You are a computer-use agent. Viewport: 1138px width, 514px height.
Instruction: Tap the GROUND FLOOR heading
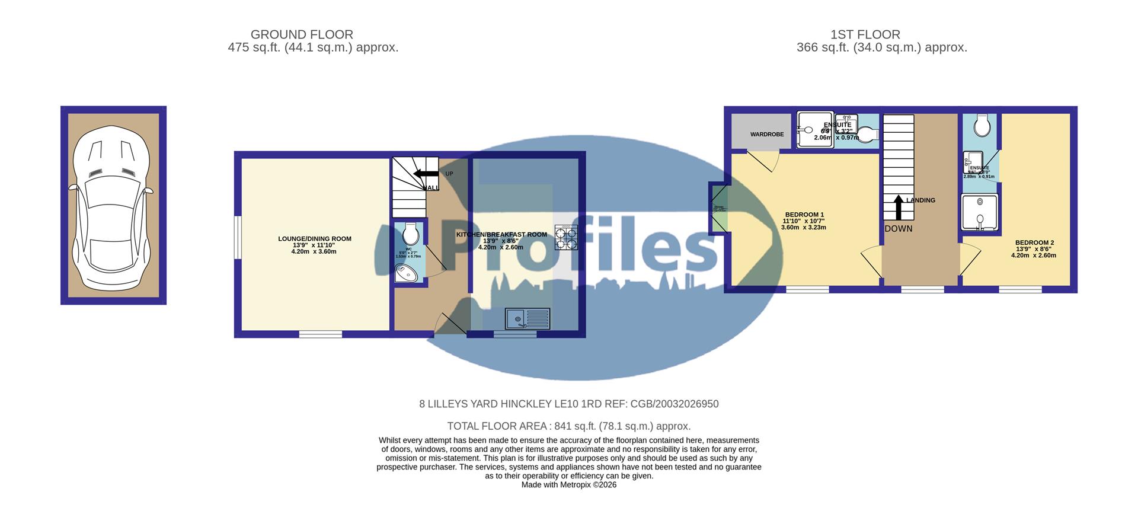pos(302,35)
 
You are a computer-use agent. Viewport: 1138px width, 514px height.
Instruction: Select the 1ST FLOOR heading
pos(865,35)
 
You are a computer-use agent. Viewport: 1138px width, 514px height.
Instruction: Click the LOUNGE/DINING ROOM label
pos(315,239)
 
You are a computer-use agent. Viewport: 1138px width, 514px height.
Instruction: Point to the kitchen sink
pos(528,319)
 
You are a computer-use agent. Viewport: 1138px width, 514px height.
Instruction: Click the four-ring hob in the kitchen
pos(566,237)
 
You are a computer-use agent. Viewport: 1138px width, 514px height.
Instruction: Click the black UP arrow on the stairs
pos(424,174)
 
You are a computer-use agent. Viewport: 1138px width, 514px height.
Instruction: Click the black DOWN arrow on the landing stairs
pos(899,207)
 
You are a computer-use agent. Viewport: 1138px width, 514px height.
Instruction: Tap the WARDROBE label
pos(767,135)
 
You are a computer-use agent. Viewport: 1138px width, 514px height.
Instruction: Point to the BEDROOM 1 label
pos(804,215)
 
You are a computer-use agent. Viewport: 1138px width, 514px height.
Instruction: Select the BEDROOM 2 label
pos(1034,242)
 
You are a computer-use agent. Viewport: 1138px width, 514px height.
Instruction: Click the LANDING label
pos(920,200)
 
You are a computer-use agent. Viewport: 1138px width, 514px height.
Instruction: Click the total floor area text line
pos(568,426)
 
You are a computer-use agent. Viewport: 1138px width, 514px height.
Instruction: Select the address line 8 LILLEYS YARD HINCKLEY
pos(568,404)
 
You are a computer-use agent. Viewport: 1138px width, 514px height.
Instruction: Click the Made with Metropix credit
pos(568,485)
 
